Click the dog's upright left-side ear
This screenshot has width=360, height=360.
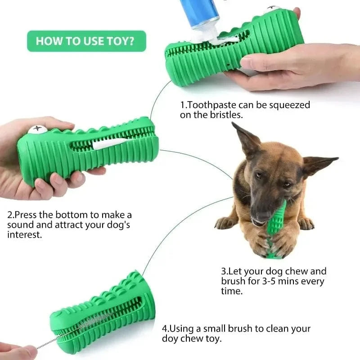(x=247, y=139)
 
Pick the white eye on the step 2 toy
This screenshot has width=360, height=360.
(x=36, y=130)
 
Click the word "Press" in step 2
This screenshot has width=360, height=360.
(x=23, y=215)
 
